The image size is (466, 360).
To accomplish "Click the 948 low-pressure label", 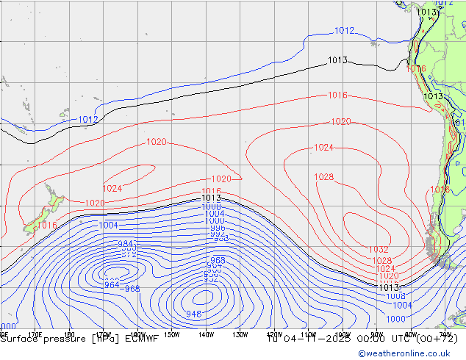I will [194, 314].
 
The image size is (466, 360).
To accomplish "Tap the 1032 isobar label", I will [379, 250].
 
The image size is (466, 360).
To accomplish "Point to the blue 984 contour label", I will [126, 244].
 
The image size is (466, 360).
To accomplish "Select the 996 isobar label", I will [217, 228].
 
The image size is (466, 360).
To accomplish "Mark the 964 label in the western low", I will [112, 285].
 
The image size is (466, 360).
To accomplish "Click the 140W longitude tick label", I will [206, 334].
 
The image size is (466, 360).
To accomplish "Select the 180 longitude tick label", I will [69, 334].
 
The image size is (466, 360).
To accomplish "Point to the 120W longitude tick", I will [274, 334].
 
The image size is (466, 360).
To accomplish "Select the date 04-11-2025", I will [301, 339].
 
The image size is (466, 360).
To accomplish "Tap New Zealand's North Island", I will [53, 198].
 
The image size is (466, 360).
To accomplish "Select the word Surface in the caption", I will [20, 339].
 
